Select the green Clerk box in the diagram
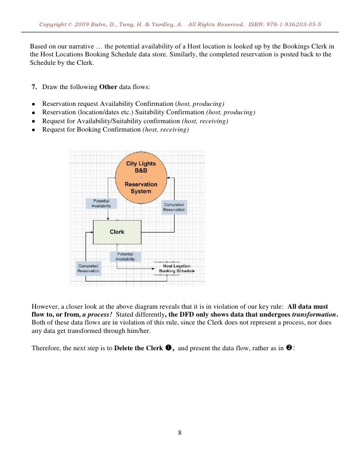pos(117,232)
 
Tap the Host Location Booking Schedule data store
pos(176,268)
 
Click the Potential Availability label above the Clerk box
pos(101,203)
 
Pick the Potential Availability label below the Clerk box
pos(125,257)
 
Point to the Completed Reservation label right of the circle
pos(174,207)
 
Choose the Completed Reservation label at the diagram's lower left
pos(88,268)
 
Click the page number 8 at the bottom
pos(180,433)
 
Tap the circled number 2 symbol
pos(289,348)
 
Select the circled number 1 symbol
pos(168,348)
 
